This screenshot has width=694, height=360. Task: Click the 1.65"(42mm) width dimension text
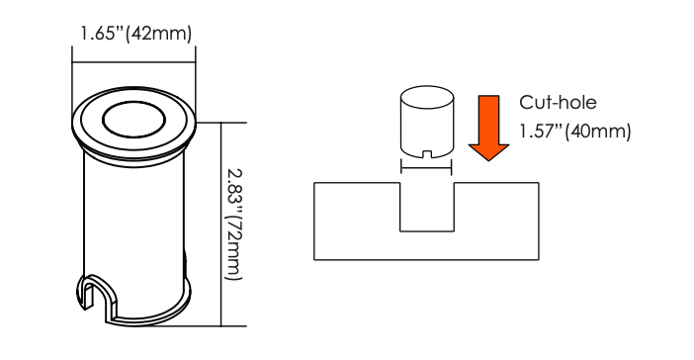click(135, 34)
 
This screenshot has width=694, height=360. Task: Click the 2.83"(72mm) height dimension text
click(233, 225)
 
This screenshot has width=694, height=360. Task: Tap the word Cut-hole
click(558, 102)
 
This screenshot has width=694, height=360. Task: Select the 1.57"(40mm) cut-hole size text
click(575, 132)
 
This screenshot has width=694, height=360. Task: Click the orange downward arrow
click(488, 128)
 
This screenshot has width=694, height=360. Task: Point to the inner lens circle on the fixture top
click(133, 119)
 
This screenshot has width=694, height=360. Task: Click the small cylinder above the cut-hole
click(427, 123)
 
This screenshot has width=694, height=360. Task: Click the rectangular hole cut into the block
click(427, 207)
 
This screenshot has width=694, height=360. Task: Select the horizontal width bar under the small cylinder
click(426, 167)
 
